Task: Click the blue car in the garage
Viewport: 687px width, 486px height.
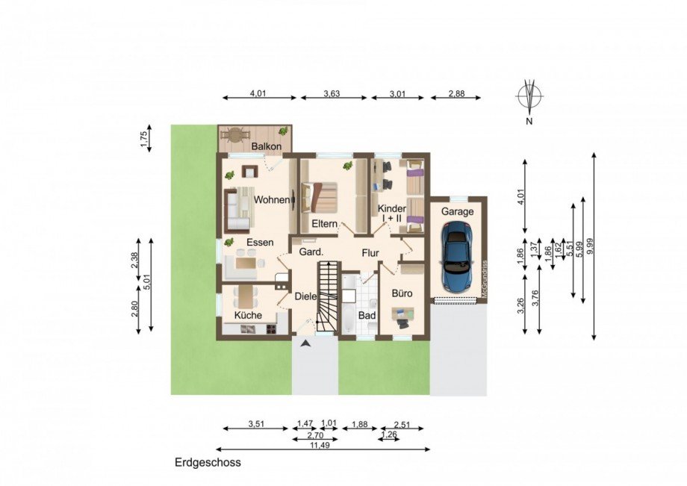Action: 457,259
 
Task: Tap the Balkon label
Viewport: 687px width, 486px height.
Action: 266,146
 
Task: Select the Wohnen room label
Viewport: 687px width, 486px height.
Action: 271,200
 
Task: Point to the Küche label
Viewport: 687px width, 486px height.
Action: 248,316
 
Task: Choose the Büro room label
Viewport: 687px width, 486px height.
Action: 402,294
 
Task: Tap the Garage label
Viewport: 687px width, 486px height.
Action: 457,211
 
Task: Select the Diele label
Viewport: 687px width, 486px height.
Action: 305,296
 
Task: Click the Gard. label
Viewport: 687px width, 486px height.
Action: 310,252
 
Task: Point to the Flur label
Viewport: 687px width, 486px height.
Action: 370,253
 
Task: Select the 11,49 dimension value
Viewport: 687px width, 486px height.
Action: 323,442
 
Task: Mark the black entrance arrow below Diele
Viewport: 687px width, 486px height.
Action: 305,343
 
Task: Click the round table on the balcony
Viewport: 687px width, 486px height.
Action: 237,135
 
